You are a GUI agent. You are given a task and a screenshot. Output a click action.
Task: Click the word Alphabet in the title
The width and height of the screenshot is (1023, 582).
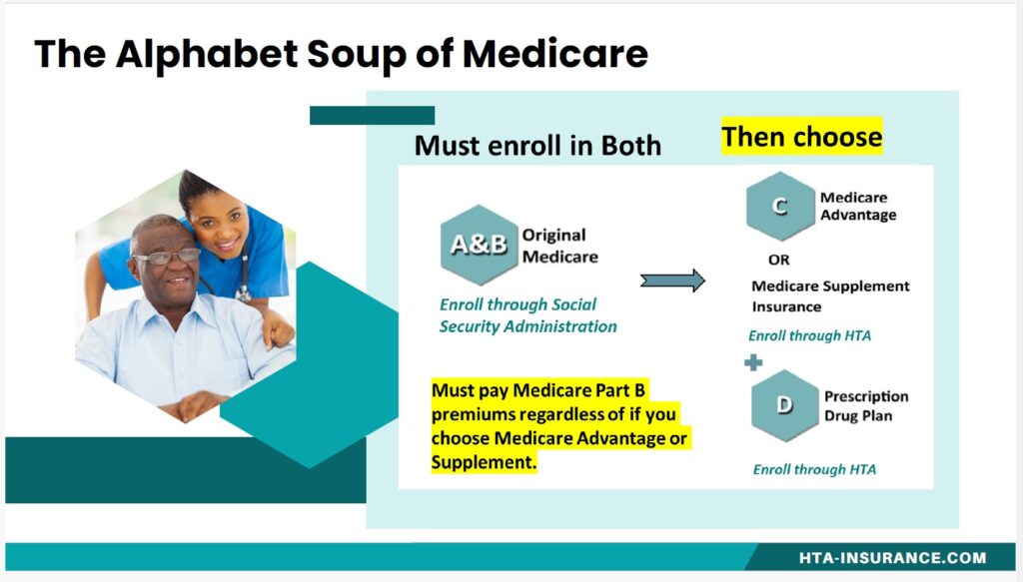point(207,54)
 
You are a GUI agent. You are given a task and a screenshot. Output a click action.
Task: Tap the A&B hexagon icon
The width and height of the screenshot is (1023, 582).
point(480,245)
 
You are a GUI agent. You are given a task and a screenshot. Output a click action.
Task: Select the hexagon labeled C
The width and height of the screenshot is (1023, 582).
point(780,206)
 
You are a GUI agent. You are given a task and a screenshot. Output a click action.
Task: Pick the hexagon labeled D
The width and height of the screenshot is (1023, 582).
point(785,405)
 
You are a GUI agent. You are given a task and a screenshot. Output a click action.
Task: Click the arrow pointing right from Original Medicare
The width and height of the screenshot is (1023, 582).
point(672,281)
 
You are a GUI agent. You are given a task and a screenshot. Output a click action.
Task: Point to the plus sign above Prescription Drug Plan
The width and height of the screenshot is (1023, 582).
point(753,362)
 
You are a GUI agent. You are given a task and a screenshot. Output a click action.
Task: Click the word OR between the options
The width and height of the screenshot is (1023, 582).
point(779,260)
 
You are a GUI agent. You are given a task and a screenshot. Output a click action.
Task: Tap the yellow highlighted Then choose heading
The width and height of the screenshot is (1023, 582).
point(802,137)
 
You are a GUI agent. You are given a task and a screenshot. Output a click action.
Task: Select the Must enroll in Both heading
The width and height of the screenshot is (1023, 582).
point(537,146)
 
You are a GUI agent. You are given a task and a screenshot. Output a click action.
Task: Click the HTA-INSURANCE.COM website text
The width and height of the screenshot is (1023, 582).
point(892,558)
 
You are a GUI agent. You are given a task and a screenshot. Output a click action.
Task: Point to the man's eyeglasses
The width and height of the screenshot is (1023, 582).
point(167,257)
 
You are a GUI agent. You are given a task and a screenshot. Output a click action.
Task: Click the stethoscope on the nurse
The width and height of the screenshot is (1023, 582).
point(243,281)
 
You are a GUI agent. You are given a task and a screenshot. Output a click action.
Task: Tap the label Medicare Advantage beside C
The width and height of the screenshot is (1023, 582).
point(858,206)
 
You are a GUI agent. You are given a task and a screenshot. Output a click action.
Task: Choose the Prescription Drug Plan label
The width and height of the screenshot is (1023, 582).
point(866,406)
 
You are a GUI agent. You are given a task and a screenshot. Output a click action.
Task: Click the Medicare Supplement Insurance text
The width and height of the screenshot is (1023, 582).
point(830,296)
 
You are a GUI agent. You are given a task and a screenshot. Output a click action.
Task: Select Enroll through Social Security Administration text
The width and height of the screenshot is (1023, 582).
point(527,315)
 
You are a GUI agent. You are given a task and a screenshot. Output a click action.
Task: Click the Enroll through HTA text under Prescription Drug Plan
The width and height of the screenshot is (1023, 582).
point(814,469)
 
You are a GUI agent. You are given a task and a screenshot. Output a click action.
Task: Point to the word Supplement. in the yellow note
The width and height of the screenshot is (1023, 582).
point(484,462)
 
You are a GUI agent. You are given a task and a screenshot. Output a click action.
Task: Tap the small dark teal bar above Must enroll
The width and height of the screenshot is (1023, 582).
point(372,116)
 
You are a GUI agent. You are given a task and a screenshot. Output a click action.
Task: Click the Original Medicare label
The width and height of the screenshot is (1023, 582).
point(559,246)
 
